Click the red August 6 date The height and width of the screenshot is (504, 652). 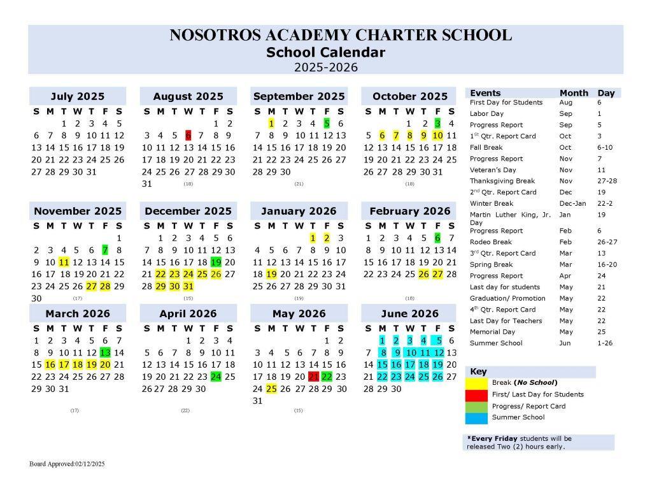pos(188,135)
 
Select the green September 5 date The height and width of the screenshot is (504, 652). pos(327,124)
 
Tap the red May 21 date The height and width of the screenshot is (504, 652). pos(313,377)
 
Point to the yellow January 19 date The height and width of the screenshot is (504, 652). pos(271,273)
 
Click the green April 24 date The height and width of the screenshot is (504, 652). pos(216,377)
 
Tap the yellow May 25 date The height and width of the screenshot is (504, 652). pos(271,389)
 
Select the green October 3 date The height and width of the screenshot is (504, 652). pos(437,124)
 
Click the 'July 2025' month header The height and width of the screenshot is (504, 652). pos(77,97)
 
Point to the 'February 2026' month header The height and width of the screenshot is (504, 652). pos(409,211)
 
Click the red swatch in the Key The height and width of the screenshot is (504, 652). pos(477,394)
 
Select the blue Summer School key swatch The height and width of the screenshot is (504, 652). pos(477,417)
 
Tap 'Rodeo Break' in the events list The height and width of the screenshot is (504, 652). pos(491,242)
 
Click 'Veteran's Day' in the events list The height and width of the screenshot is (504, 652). pos(493,170)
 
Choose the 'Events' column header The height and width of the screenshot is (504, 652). pos(485,93)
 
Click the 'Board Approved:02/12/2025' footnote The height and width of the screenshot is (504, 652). pos(67,464)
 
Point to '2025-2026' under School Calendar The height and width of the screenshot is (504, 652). pos(325,67)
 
